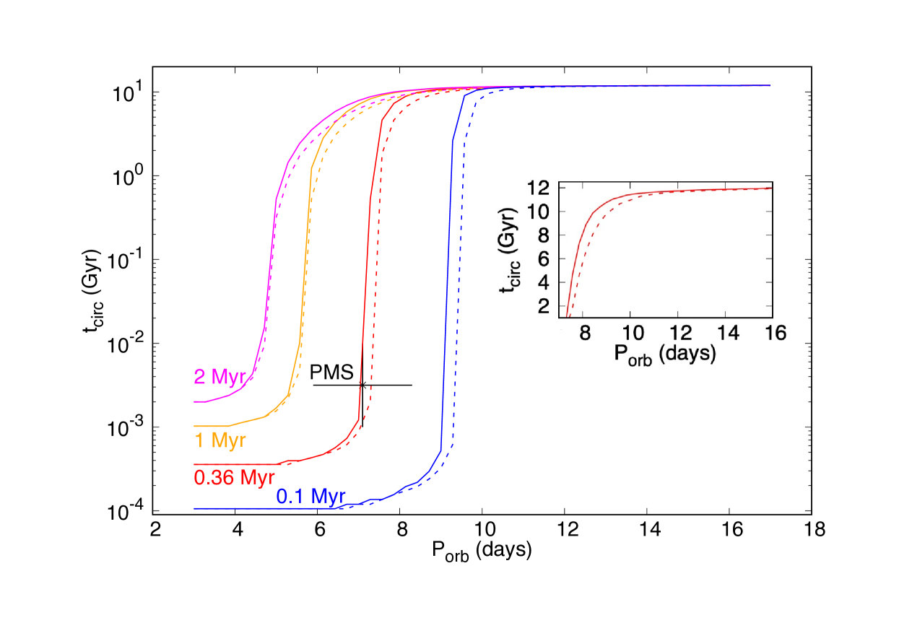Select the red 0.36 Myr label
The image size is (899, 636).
coord(234,477)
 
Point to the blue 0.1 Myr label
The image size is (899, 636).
coord(311,497)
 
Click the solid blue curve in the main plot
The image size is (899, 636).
coord(446,289)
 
